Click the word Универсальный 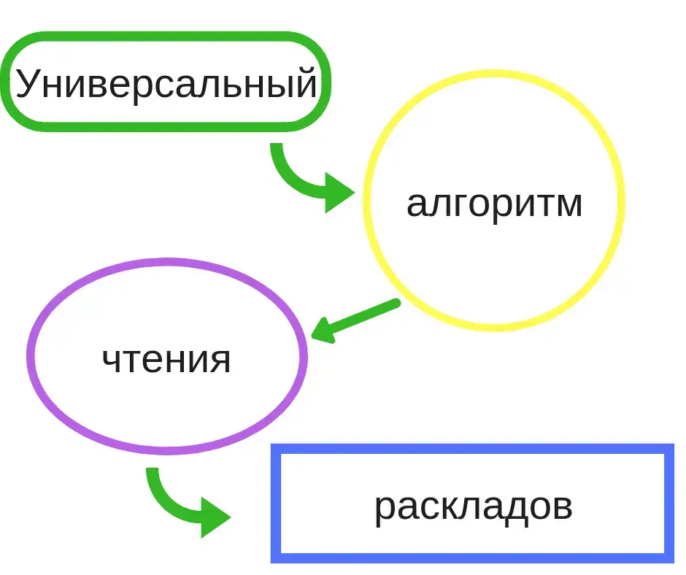tap(166, 83)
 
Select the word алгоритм tap(494, 204)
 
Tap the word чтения tap(166, 360)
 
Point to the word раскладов tap(474, 508)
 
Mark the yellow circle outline tap(494, 74)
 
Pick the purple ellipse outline tap(167, 263)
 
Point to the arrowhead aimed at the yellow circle tap(339, 193)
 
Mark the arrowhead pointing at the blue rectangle tap(215, 517)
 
